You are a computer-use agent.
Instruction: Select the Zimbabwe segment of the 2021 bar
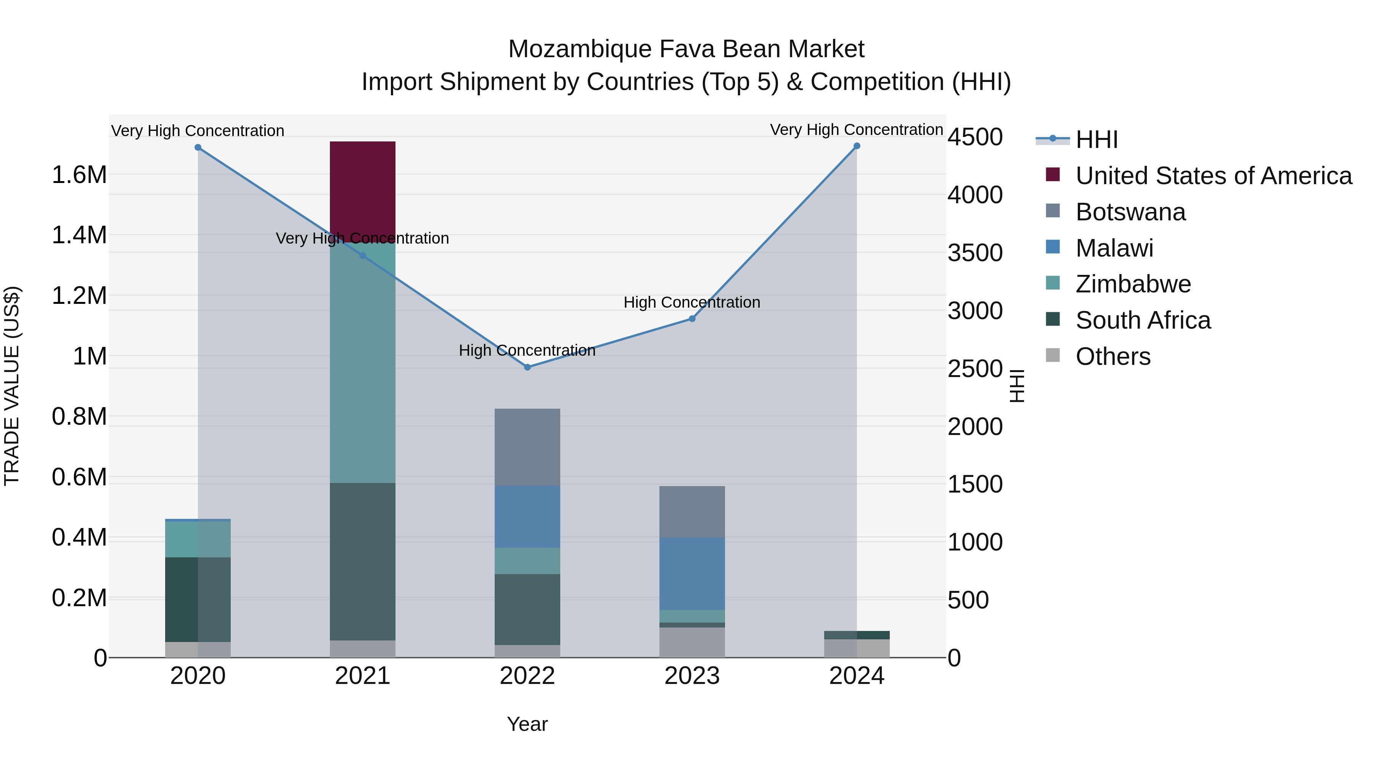[x=362, y=362]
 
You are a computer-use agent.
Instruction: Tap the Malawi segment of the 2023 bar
[x=692, y=573]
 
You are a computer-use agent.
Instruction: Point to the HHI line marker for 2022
[x=527, y=367]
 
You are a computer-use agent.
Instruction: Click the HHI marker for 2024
[x=857, y=146]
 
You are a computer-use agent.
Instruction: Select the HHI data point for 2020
[x=198, y=148]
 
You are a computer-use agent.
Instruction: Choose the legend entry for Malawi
[x=1114, y=248]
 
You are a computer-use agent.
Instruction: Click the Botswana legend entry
[x=1130, y=212]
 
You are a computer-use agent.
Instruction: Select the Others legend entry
[x=1113, y=356]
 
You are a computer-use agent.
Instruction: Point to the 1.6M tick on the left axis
[x=79, y=175]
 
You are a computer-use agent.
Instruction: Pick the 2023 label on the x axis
[x=692, y=676]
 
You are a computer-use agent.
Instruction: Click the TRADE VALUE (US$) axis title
[x=12, y=386]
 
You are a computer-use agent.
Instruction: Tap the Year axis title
[x=527, y=724]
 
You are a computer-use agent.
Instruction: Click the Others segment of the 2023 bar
[x=692, y=642]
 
